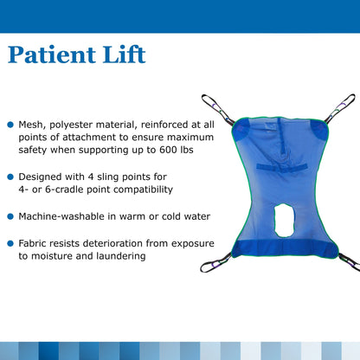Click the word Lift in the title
124,55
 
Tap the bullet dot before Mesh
10,125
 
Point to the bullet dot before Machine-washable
10,215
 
